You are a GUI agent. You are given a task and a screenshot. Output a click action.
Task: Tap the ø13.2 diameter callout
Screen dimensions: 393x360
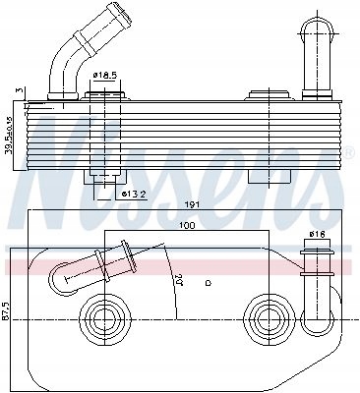135,194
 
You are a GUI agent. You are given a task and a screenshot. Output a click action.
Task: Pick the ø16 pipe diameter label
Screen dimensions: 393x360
317,233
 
